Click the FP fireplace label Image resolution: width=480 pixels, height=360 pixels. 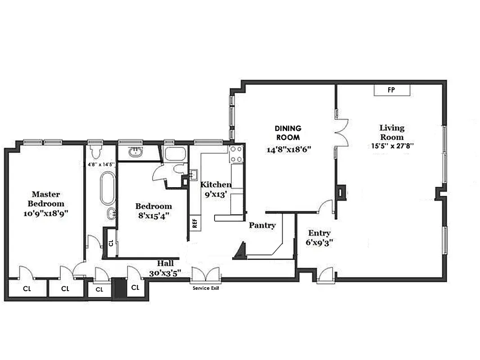click(391, 90)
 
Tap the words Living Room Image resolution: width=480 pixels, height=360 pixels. click(392, 133)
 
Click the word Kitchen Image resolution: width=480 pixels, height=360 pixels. click(216, 184)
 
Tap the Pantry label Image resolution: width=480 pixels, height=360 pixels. click(262, 225)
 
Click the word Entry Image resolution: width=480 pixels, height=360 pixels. click(319, 233)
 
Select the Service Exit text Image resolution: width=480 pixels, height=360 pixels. click(206, 288)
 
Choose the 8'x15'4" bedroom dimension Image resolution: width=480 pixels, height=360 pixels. click(153, 216)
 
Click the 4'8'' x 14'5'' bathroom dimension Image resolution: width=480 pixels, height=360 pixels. click(100, 165)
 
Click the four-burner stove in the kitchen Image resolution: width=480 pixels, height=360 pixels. click(236, 154)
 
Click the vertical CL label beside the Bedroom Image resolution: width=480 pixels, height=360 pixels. click(111, 243)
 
